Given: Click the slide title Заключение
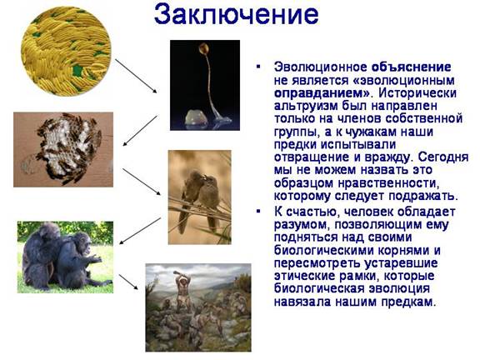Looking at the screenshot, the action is (236, 15).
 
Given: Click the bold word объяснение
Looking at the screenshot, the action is (411, 67).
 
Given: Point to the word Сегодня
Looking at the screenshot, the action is (443, 157).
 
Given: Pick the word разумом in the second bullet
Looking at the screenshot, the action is (301, 225).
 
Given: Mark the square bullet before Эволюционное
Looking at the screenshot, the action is (258, 66).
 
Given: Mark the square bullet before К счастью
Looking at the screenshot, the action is (258, 211).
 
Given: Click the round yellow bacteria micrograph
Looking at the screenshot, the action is (66, 51).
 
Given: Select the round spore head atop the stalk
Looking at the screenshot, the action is (203, 48).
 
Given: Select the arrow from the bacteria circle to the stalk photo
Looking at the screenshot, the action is (136, 76).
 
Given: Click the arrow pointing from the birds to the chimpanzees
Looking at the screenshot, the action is (140, 231).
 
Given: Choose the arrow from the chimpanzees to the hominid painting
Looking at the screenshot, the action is (128, 282).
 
